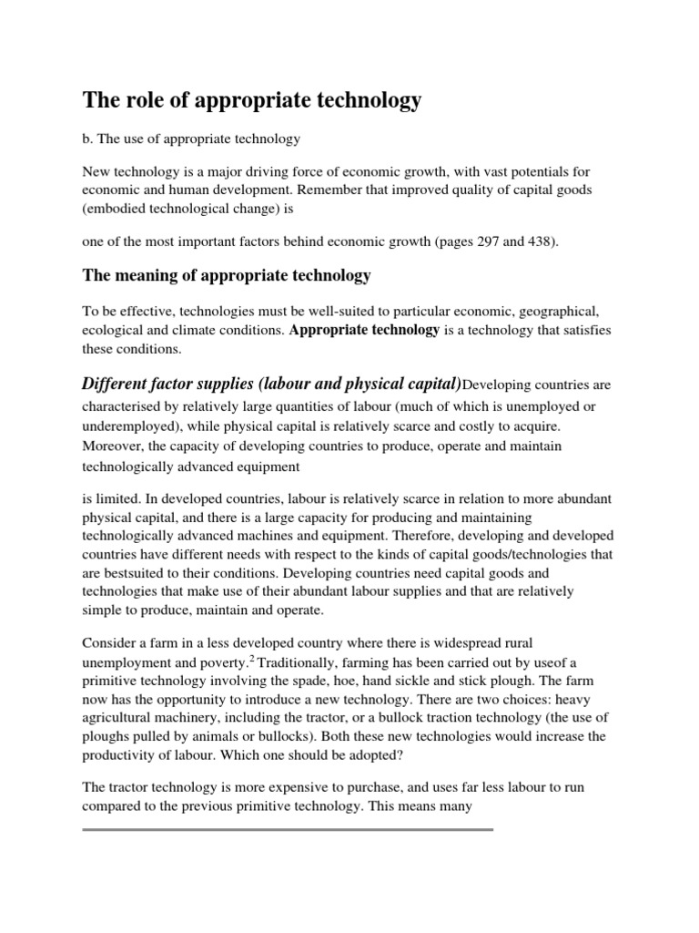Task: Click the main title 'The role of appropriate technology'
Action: (252, 100)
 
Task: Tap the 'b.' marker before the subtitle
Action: (88, 138)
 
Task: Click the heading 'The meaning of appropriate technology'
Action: (227, 275)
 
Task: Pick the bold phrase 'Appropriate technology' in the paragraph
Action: (364, 330)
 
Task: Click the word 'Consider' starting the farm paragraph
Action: (110, 643)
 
